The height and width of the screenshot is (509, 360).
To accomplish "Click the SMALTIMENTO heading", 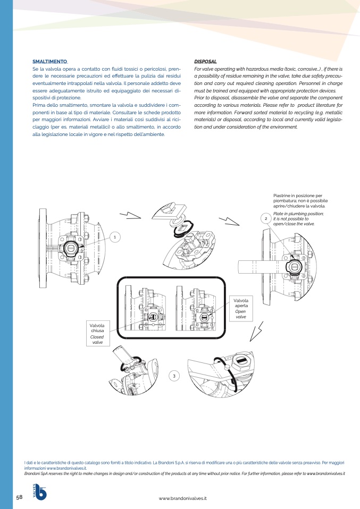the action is coord(49,61).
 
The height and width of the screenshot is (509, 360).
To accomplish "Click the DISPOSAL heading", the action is coord(205,61).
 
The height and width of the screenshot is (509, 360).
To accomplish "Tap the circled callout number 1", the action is coord(115,237).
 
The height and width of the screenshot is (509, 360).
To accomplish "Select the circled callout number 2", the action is coord(266,218).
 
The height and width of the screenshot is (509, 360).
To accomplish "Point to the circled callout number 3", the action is coord(174,376).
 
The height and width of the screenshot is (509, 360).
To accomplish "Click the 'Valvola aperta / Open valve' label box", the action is coord(241,308).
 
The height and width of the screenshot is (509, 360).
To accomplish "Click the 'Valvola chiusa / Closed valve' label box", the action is coord(97,333).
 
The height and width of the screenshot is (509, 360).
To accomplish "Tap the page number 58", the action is coord(20,497).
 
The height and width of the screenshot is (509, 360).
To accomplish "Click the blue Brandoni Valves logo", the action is coord(39,492).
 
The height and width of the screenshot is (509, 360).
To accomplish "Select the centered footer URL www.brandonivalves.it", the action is coord(182,498).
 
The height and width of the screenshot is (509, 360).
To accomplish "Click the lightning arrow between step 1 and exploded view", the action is coord(130,215).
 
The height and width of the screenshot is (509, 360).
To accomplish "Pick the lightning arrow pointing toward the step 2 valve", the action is coord(229,221).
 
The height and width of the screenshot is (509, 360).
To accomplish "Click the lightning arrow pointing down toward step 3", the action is coord(256,332).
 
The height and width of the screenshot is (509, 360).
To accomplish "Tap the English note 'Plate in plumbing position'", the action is coord(298,219).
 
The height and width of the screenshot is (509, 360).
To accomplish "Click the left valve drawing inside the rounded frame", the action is coord(145,308).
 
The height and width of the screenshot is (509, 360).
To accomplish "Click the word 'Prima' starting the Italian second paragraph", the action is coord(38,105).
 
